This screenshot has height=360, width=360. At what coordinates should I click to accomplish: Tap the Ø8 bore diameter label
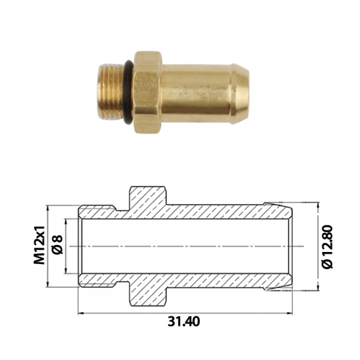point(57,245)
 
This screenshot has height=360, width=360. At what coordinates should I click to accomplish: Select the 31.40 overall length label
point(184,322)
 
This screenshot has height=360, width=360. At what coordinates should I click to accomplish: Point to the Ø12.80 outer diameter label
point(327,246)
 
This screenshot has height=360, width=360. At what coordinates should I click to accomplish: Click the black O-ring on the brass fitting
point(128,92)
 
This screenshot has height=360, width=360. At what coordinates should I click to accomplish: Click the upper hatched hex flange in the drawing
point(148,196)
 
